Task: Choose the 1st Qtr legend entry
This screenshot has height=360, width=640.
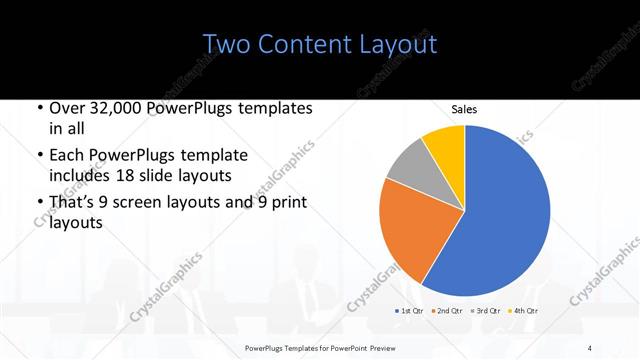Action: click(x=409, y=311)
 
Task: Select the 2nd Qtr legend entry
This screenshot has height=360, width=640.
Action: click(x=445, y=311)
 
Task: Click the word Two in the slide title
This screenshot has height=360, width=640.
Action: click(x=224, y=44)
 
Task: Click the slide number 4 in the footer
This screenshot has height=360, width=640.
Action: click(x=590, y=348)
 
